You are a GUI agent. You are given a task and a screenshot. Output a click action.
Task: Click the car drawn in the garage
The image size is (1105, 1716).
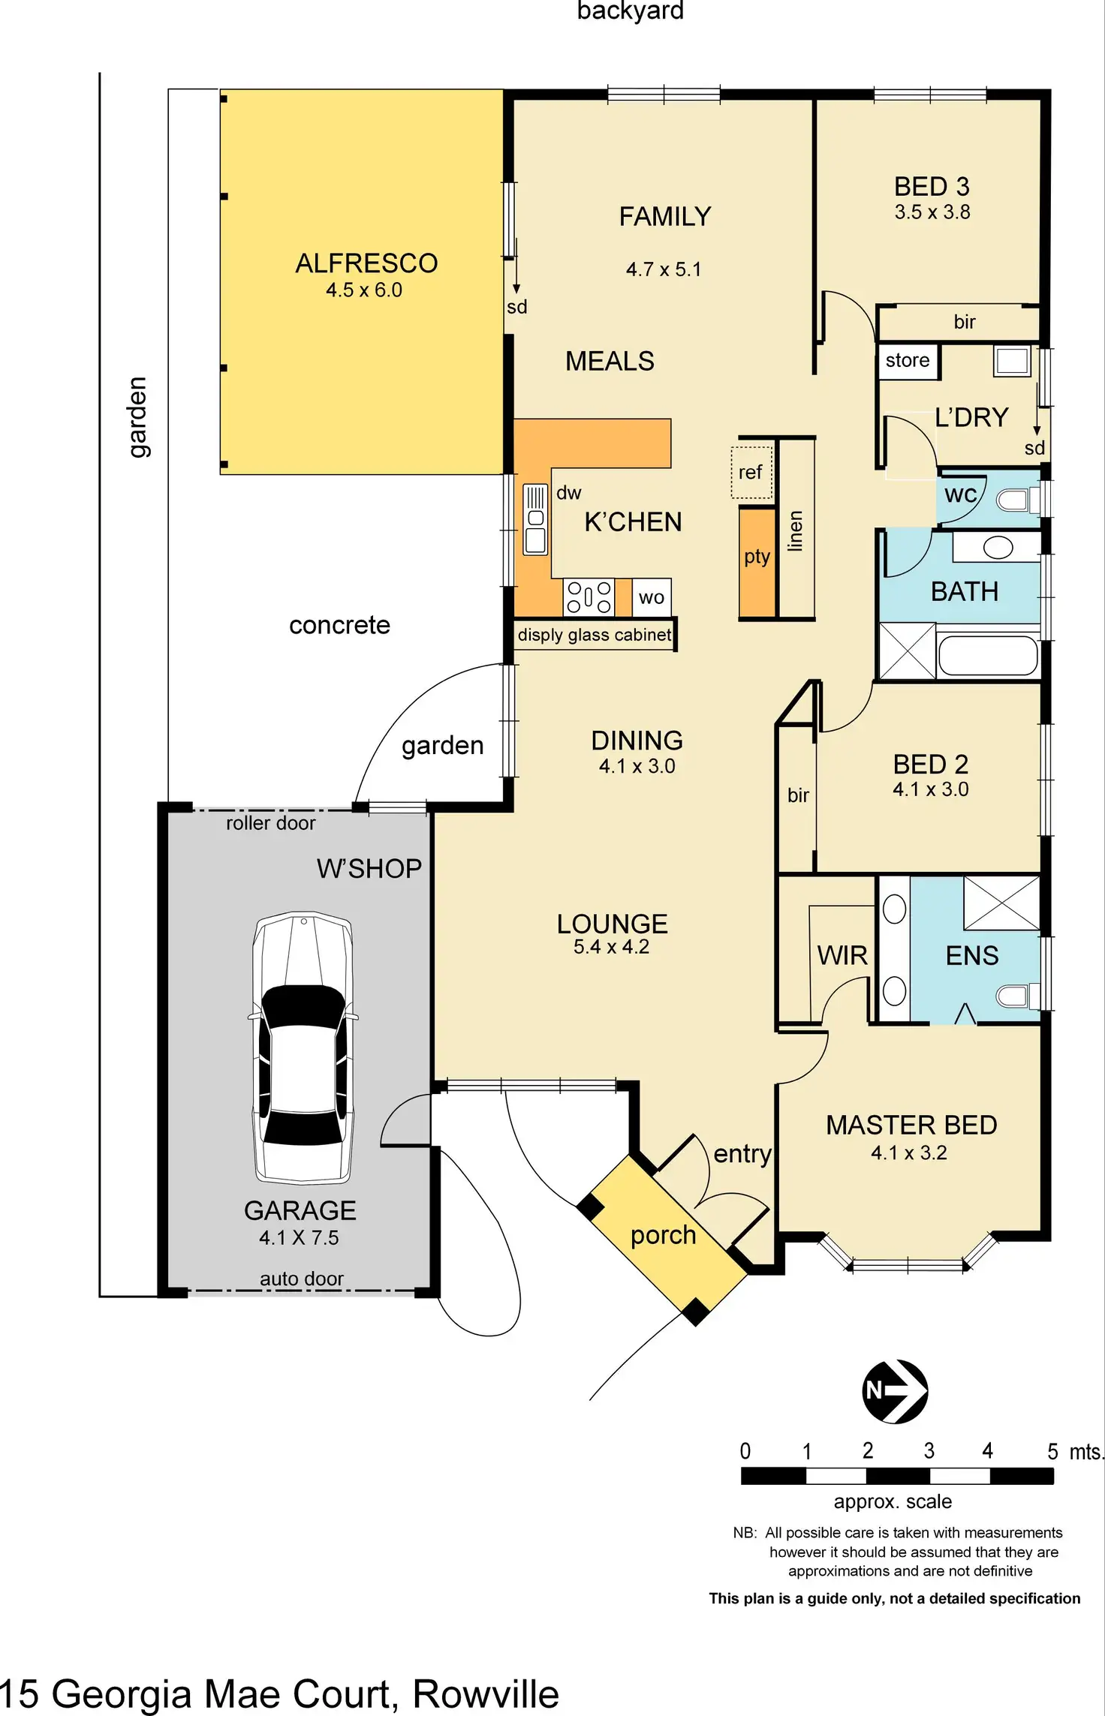coord(303,1047)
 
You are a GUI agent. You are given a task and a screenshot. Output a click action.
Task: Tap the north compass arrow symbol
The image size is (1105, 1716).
coord(894,1391)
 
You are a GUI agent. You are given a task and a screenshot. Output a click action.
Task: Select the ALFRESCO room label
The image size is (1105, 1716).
coord(366,263)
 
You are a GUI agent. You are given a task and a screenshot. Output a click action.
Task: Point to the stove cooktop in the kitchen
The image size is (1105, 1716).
coord(589,597)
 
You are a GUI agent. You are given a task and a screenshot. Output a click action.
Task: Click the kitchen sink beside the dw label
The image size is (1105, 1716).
coord(535,518)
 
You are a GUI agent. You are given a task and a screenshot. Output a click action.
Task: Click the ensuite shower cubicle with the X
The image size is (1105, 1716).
coord(1001,902)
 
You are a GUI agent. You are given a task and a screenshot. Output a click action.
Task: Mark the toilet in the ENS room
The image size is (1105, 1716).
coord(1016,996)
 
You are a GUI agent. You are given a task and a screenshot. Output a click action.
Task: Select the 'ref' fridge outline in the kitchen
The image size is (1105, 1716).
coord(751,473)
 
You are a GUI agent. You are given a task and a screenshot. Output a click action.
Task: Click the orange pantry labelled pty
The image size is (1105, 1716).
coord(757,561)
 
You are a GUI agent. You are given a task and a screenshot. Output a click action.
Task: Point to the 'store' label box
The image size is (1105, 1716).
coord(908,361)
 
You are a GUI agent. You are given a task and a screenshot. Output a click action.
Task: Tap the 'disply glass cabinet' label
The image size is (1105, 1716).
coord(594,635)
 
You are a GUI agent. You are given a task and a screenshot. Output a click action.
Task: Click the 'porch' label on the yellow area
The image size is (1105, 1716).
coord(663,1235)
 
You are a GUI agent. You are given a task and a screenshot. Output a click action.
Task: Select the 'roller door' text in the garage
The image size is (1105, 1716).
coord(270,823)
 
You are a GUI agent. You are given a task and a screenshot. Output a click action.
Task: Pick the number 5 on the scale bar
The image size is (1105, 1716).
coord(1052,1451)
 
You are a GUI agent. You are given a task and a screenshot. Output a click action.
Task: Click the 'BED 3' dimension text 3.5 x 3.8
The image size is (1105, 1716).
coord(932,212)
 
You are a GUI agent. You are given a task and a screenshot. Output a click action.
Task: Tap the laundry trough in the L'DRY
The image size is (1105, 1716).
coord(1012,361)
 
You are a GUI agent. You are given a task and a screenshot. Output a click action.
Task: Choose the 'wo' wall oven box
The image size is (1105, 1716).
coord(651,598)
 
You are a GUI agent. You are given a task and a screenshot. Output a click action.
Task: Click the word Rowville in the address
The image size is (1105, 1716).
coord(486,1694)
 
